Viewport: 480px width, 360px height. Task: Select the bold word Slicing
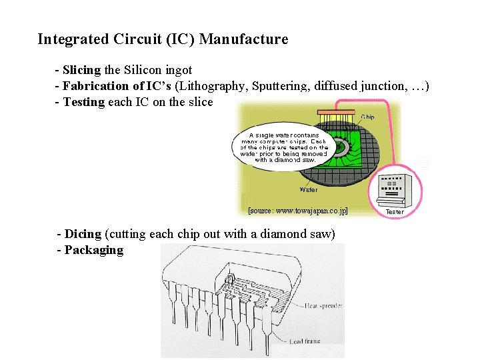[81, 70]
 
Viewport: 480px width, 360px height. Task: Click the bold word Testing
[84, 102]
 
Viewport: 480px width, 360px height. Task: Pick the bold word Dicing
[83, 234]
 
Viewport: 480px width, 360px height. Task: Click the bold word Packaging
[94, 250]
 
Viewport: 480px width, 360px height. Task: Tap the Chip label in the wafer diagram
[367, 117]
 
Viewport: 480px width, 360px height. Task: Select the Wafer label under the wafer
[309, 189]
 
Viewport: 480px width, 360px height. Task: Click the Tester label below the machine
[395, 212]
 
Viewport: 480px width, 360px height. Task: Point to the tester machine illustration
[395, 189]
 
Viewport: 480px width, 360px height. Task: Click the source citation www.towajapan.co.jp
[298, 211]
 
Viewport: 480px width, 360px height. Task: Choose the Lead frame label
[305, 341]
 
